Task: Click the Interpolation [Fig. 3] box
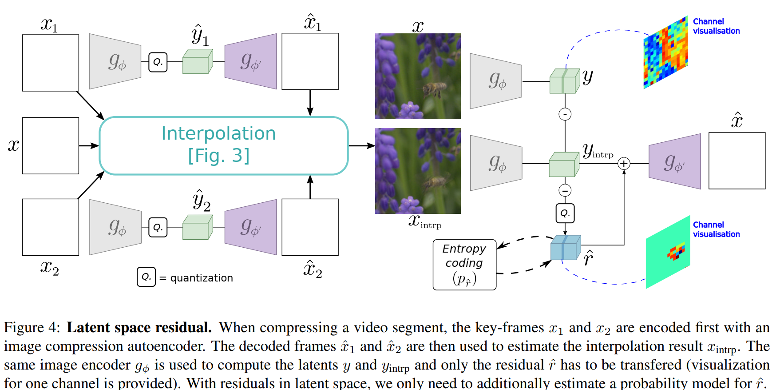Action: pyautogui.click(x=223, y=145)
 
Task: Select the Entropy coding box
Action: pyautogui.click(x=464, y=265)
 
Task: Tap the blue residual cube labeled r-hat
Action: pyautogui.click(x=565, y=248)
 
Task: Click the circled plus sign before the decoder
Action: pyautogui.click(x=624, y=164)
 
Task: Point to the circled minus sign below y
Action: pyautogui.click(x=565, y=114)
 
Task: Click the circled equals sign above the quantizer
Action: pyautogui.click(x=565, y=191)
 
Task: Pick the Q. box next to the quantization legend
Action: pyautogui.click(x=146, y=277)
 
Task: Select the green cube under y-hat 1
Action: pyautogui.click(x=198, y=62)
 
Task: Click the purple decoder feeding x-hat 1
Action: pyautogui.click(x=251, y=61)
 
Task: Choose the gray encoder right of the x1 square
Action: pyautogui.click(x=115, y=61)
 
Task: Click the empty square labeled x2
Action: pyautogui.click(x=51, y=227)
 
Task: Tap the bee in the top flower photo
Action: pyautogui.click(x=434, y=89)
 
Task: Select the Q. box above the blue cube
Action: pyautogui.click(x=565, y=213)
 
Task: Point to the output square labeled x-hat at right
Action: pyautogui.click(x=736, y=161)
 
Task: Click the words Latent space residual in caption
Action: pyautogui.click(x=139, y=328)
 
